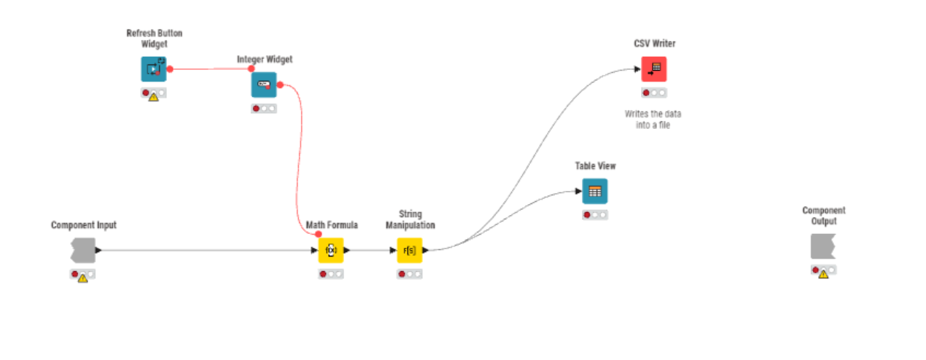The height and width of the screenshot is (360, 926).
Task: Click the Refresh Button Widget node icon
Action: (153, 69)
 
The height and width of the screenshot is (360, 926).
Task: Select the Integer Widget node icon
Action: (263, 85)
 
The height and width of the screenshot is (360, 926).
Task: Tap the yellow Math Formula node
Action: (330, 250)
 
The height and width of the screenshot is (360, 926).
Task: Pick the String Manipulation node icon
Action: (409, 250)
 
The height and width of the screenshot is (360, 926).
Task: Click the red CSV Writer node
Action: (654, 69)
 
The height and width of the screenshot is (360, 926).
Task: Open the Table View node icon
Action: (594, 191)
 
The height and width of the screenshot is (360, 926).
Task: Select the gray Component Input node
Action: (83, 250)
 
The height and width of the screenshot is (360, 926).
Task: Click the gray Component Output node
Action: (823, 246)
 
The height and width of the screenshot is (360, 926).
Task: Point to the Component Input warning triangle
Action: (82, 278)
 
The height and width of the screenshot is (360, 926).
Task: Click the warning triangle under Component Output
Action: (823, 274)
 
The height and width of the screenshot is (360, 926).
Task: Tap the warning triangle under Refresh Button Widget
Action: (154, 96)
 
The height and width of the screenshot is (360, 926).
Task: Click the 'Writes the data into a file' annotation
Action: (653, 120)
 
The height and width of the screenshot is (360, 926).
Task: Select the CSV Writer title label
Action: (654, 44)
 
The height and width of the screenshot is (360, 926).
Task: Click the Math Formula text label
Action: (332, 225)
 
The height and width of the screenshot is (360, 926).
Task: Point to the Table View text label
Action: (595, 166)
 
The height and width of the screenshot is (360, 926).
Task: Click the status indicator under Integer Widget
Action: (263, 109)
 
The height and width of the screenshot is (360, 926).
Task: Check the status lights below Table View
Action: (594, 215)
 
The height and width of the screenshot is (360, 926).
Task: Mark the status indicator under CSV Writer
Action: (654, 93)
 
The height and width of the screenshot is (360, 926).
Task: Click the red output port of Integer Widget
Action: (279, 85)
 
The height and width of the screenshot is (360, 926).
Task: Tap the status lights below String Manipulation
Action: (409, 274)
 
